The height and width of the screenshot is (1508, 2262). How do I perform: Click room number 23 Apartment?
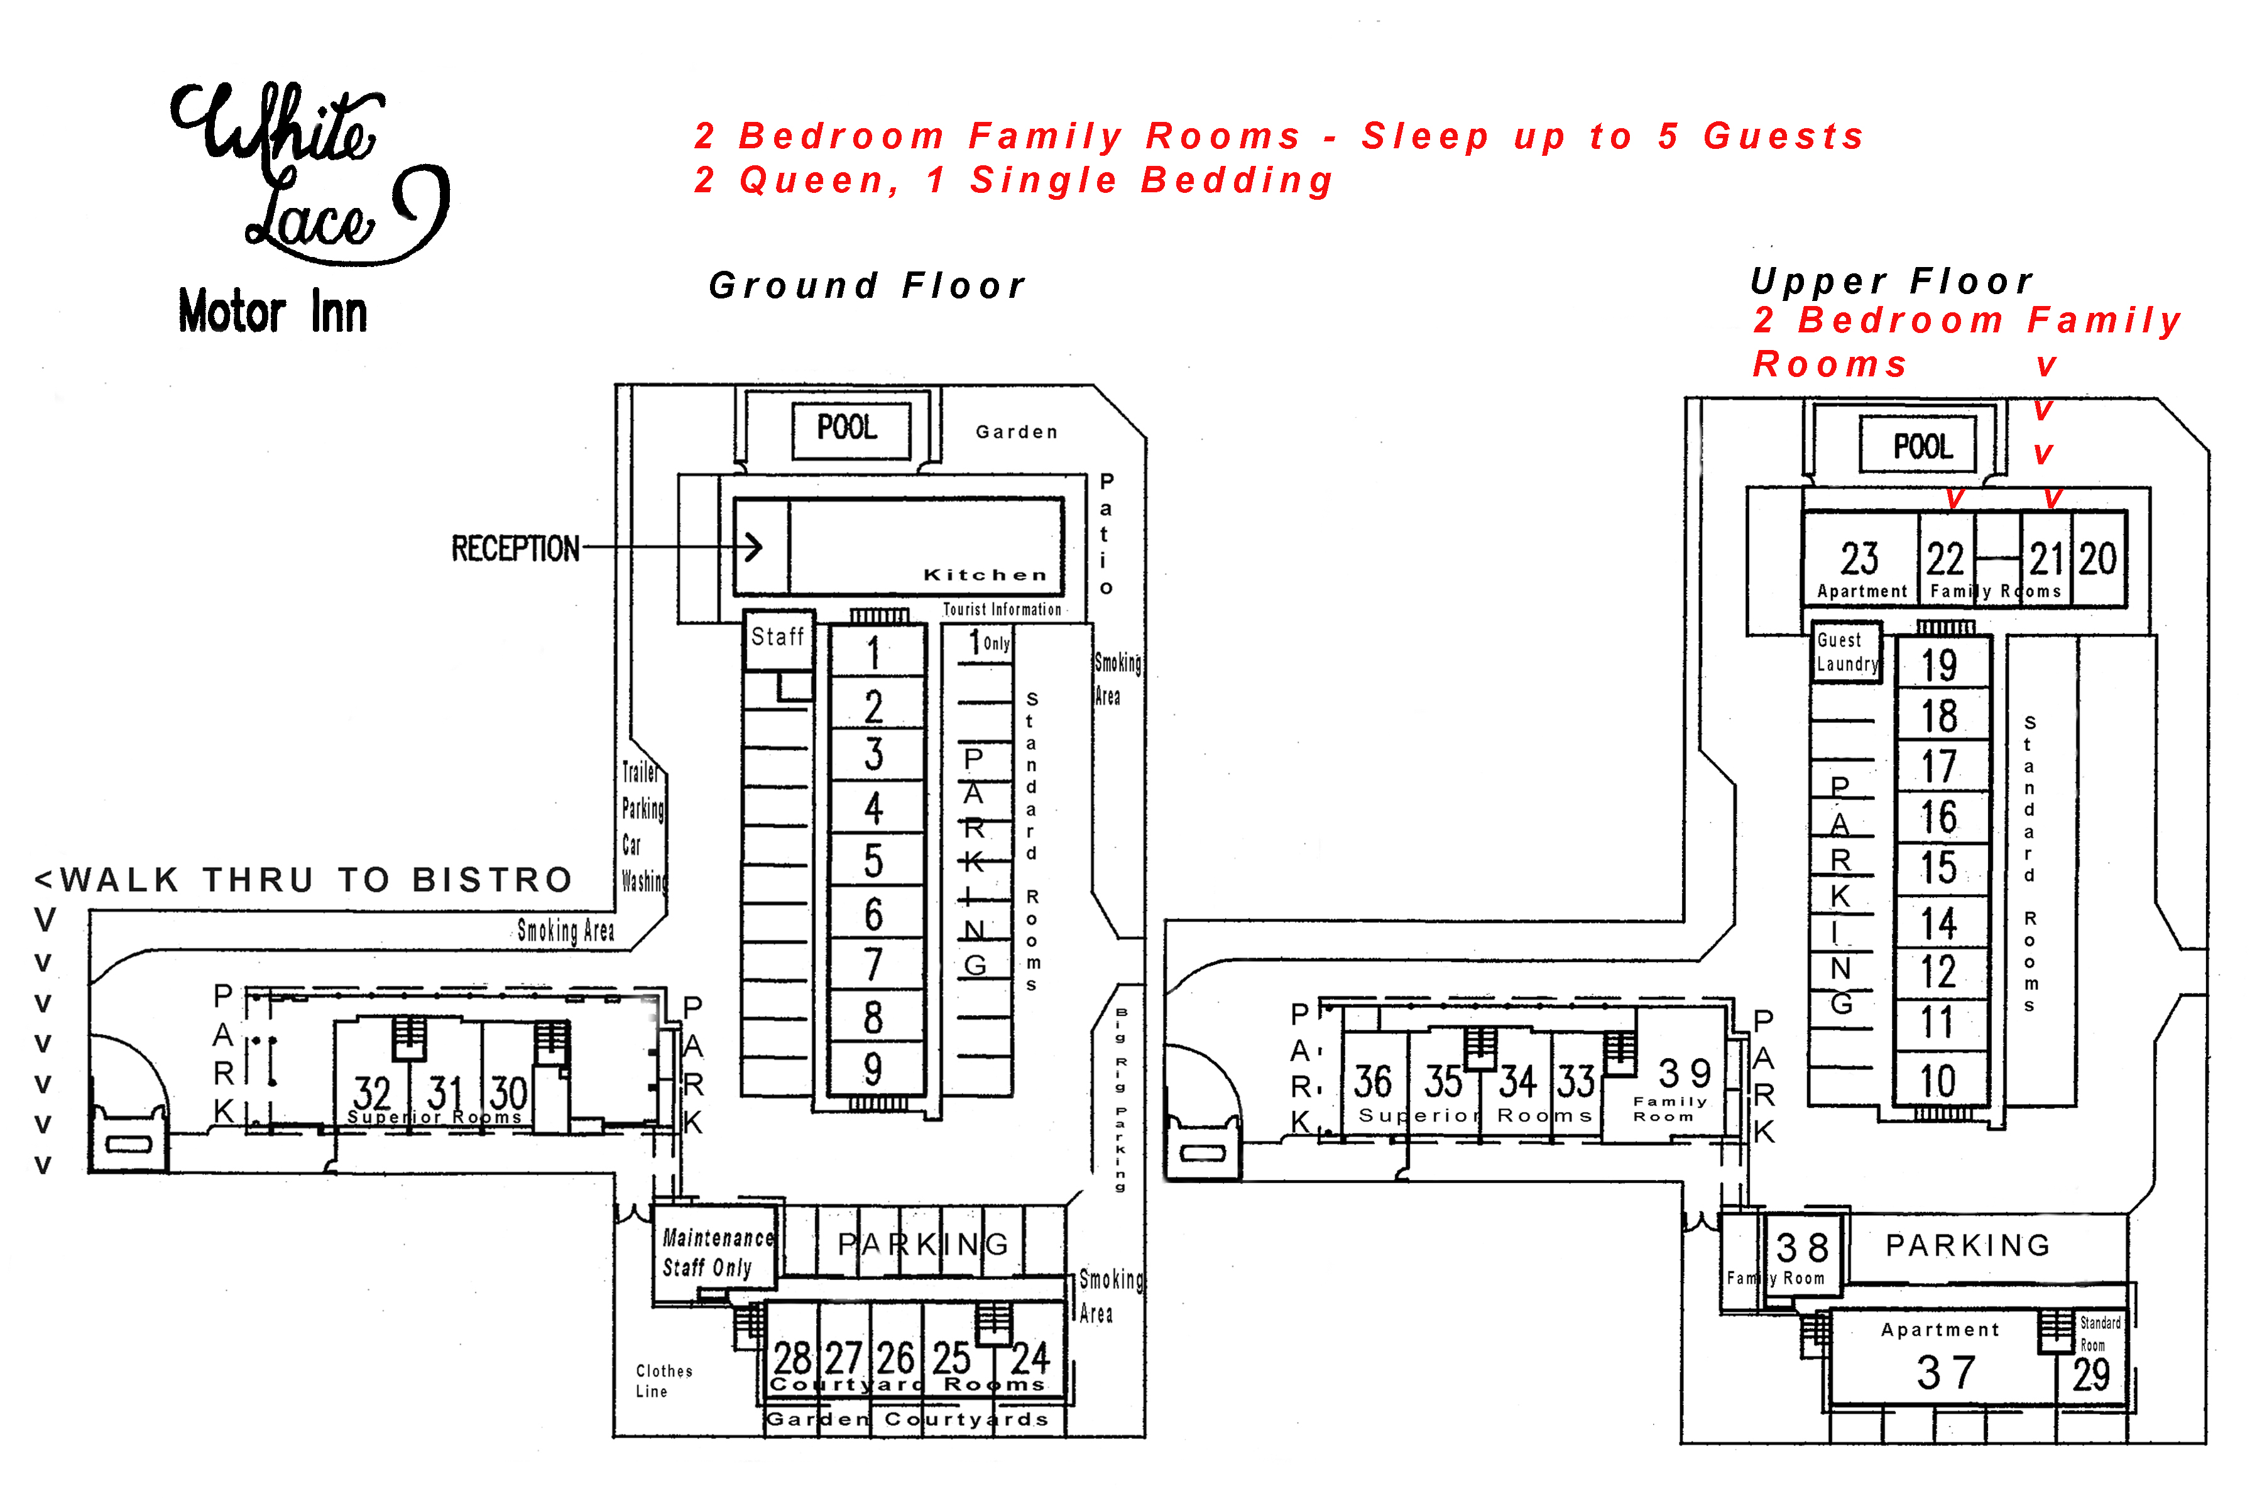click(1859, 560)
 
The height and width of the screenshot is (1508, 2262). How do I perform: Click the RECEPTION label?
click(515, 549)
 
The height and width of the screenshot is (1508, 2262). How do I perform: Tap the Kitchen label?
click(984, 575)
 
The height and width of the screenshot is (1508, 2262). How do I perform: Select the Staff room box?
click(778, 638)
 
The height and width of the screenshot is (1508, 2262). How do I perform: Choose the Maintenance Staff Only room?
click(716, 1252)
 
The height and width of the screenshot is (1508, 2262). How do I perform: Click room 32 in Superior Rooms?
click(372, 1093)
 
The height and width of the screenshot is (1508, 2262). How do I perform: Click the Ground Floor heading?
click(866, 286)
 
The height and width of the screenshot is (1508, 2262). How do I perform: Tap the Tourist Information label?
click(1001, 609)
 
